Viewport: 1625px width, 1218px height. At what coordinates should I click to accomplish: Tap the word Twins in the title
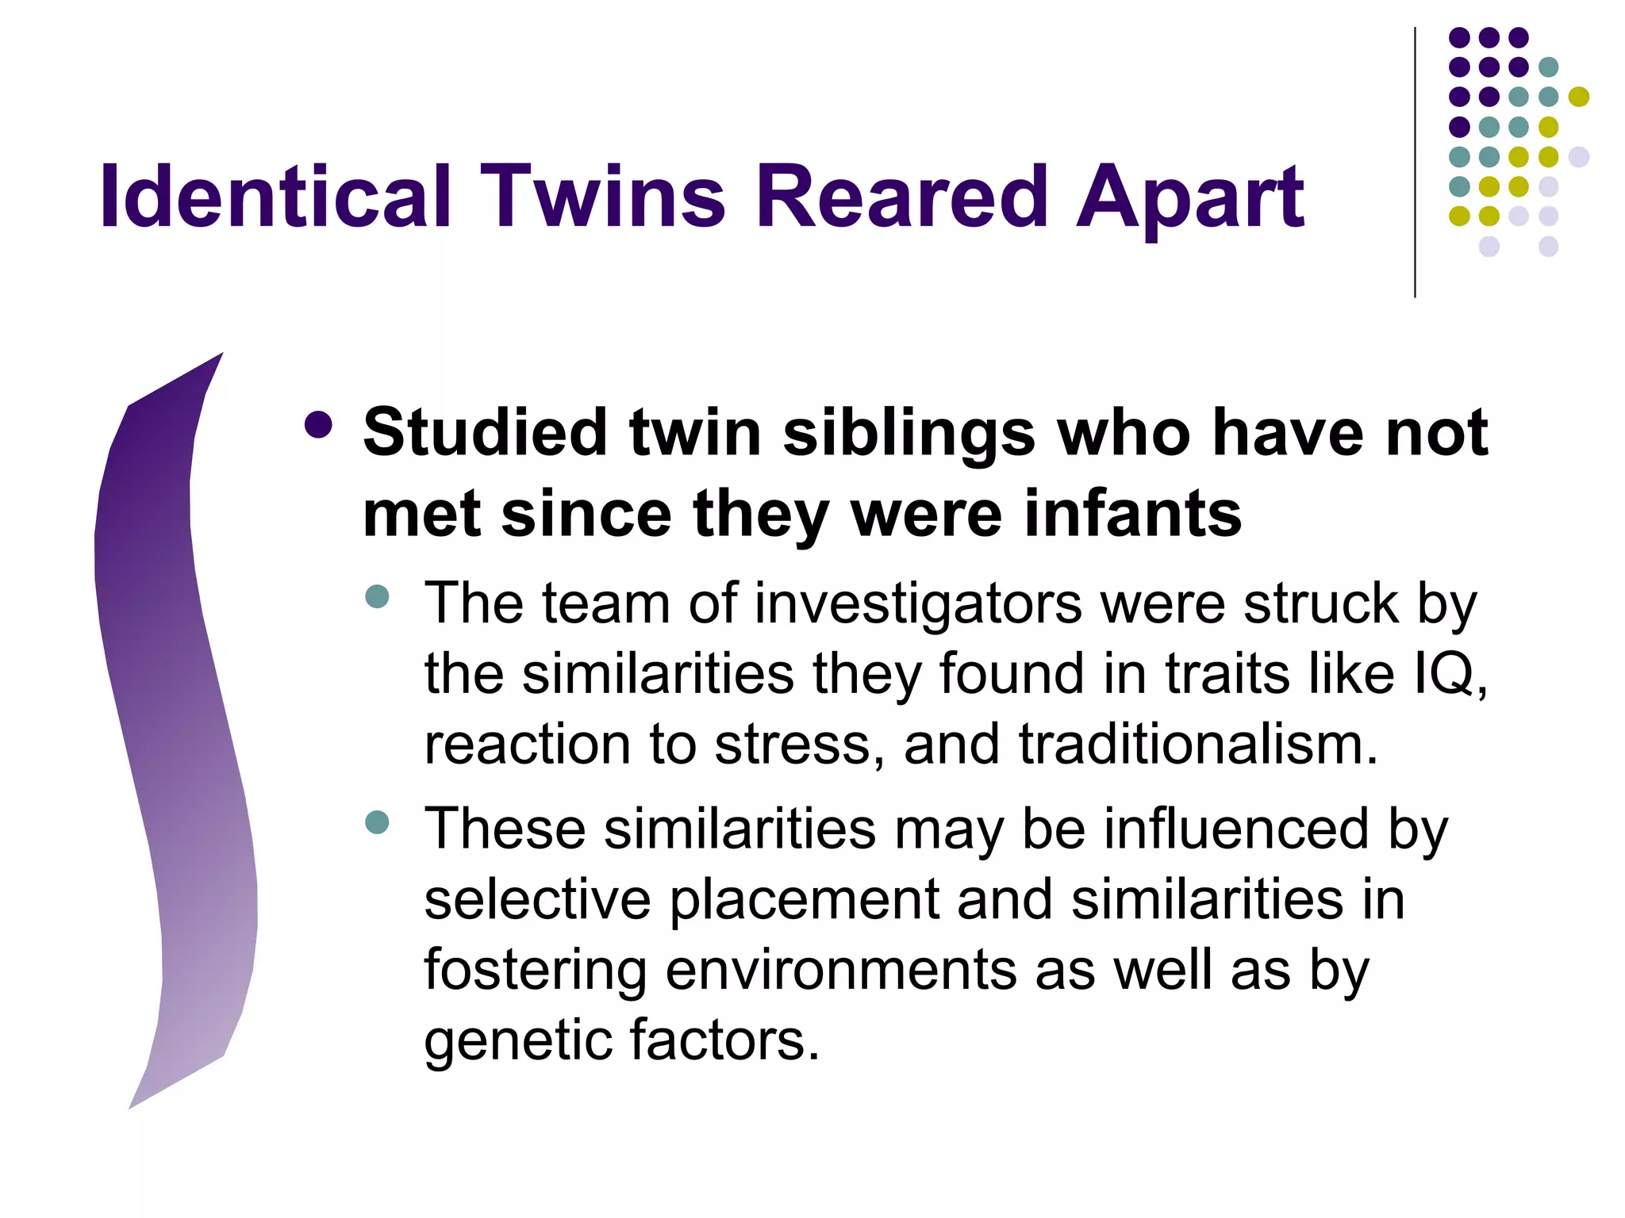tap(603, 197)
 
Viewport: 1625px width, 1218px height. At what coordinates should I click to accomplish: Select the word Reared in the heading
tap(902, 197)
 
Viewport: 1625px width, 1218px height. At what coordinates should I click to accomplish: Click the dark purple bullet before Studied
tap(318, 426)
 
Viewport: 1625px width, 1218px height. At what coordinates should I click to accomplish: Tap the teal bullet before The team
tap(378, 596)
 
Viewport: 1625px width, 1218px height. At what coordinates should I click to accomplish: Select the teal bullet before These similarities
tap(378, 822)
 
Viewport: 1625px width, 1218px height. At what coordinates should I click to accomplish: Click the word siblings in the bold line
tap(909, 435)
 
